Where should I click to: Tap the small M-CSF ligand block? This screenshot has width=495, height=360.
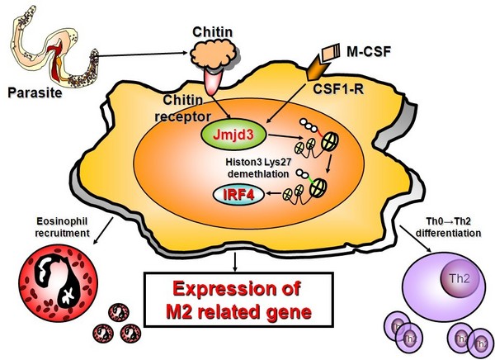pyautogui.click(x=332, y=54)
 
